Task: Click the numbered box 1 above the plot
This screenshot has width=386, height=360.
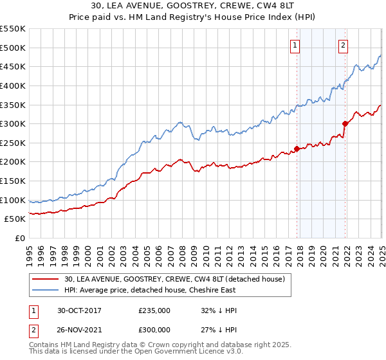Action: [295, 45]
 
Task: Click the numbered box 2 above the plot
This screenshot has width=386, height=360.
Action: [343, 45]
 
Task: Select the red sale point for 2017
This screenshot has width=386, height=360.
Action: [297, 148]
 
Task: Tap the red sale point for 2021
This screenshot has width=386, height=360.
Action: [345, 123]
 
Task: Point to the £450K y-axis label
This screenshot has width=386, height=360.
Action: [14, 66]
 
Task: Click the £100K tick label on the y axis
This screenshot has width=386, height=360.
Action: [14, 200]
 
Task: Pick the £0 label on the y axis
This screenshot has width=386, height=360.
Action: [19, 238]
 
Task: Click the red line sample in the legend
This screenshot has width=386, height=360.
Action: [45, 278]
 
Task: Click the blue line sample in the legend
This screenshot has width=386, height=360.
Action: [45, 291]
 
